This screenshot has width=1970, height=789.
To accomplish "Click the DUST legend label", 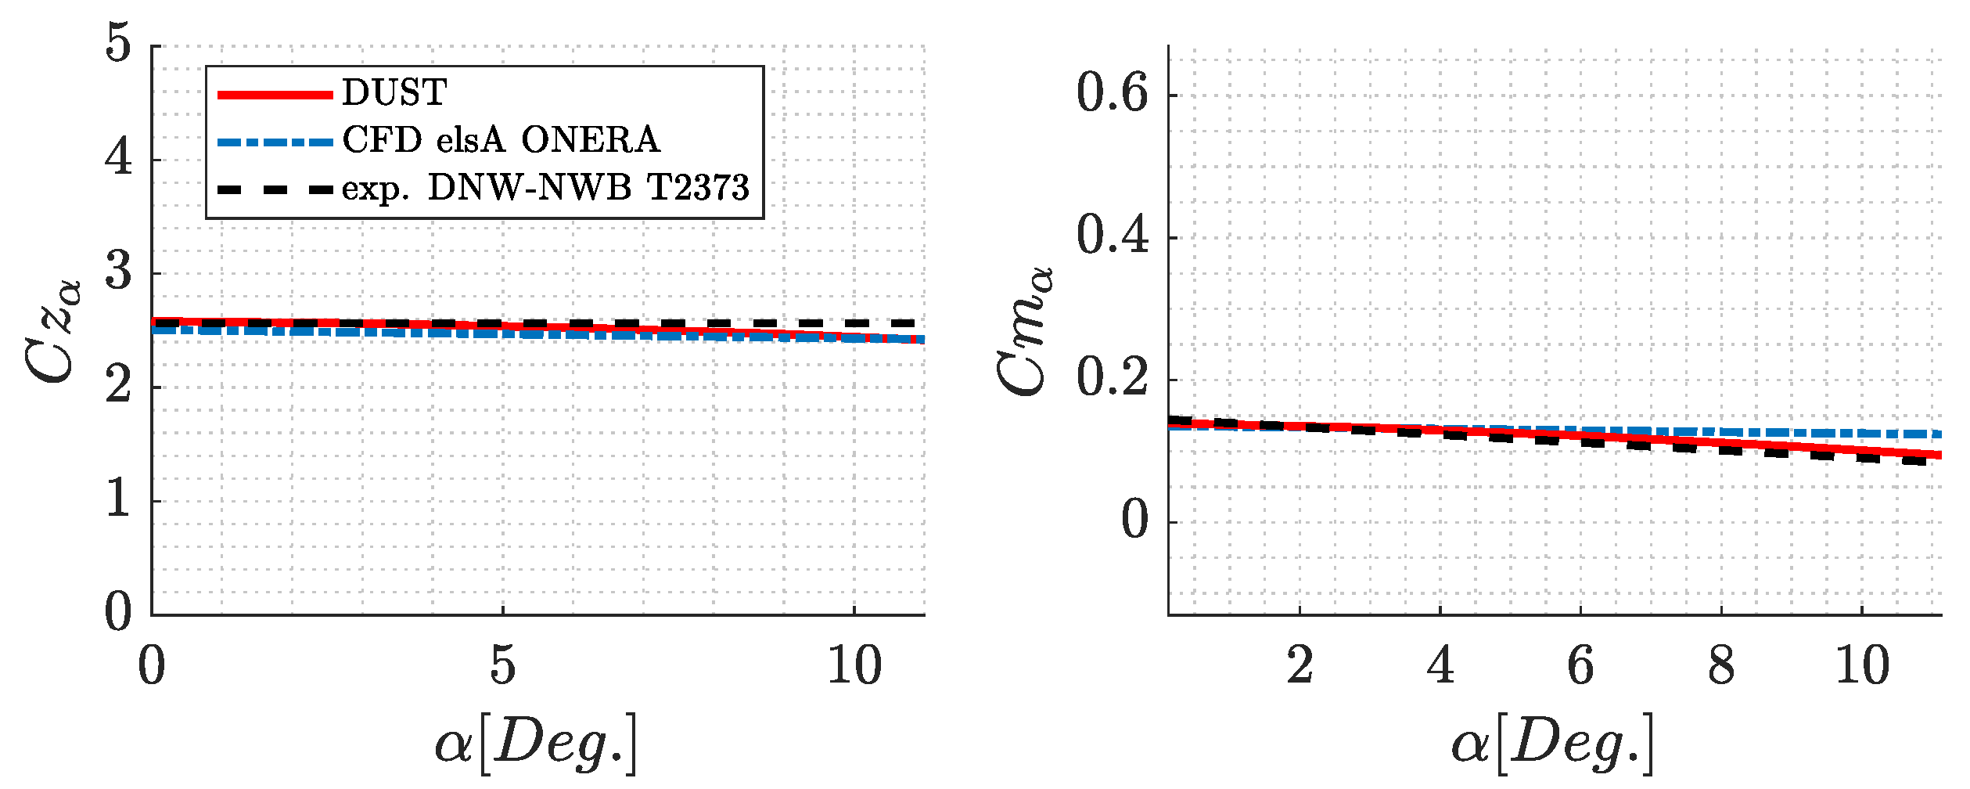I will [394, 93].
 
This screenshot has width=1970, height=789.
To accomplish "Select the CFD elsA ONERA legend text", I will [501, 140].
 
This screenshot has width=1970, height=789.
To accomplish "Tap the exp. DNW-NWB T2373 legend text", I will [545, 188].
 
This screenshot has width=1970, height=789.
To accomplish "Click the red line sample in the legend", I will [275, 95].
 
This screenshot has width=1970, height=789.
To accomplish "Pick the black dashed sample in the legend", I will [275, 189].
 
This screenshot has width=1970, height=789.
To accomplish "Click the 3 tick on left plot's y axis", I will [119, 272].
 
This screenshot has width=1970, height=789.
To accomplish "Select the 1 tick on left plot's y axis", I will [119, 499].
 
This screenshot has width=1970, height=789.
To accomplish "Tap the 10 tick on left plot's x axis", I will [854, 668].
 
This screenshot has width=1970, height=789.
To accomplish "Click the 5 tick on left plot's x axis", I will [502, 668].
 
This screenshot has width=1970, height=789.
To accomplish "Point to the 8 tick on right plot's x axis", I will [1720, 668].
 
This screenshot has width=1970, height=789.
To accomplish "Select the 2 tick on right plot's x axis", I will [1300, 668].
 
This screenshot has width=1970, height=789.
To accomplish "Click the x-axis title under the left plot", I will [537, 744].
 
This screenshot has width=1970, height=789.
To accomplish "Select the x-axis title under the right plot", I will [1553, 744].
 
